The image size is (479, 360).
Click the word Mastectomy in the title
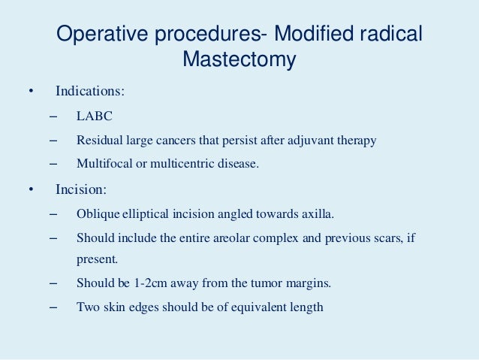(239, 59)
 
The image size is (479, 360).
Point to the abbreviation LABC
(92, 116)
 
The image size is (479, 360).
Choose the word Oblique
(97, 213)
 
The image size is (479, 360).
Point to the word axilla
(305, 213)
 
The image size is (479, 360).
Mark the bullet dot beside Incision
(31, 189)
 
